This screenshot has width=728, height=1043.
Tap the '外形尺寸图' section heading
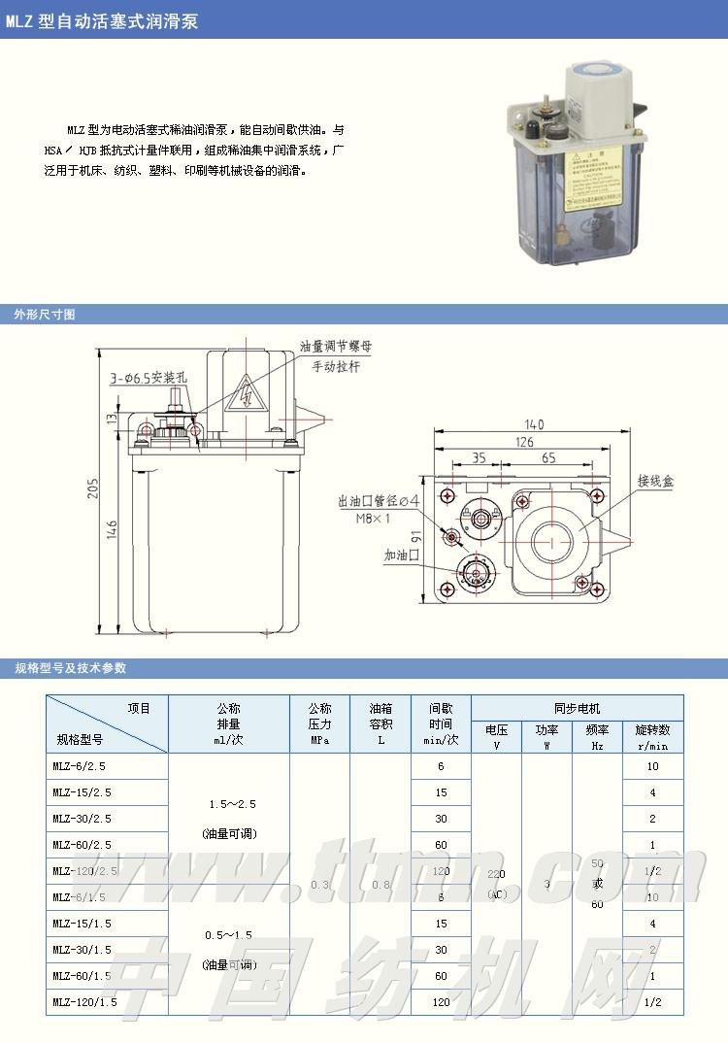tap(45, 315)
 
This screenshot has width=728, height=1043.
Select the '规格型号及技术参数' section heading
tap(70, 668)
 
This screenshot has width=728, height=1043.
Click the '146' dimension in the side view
tap(112, 529)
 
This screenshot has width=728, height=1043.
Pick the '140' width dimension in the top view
tap(533, 423)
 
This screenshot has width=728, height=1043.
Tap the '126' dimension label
tap(524, 442)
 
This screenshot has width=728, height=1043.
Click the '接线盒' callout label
tap(655, 481)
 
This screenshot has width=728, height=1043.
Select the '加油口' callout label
tap(400, 555)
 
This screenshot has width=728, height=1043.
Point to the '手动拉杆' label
tap(336, 367)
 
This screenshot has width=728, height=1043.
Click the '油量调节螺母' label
tap(336, 346)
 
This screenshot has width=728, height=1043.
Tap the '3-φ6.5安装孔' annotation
tap(147, 377)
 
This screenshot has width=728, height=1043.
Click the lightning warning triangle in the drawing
tap(246, 393)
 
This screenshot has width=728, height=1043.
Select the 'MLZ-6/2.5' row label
tap(83, 766)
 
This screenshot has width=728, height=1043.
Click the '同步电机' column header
tap(577, 709)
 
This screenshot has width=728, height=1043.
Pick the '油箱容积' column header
tap(381, 723)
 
